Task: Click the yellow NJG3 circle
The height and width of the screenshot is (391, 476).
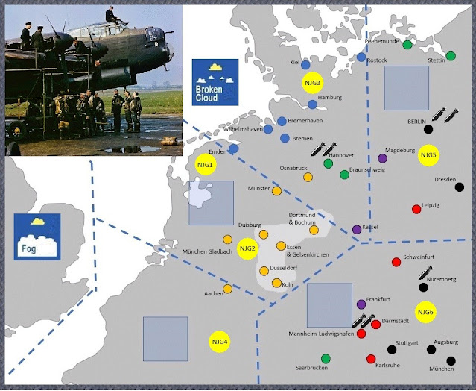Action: (x=312, y=83)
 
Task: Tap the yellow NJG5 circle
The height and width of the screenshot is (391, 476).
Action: (x=428, y=156)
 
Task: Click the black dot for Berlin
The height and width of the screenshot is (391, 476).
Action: (x=428, y=128)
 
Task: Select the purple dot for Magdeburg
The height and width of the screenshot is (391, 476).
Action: (x=383, y=158)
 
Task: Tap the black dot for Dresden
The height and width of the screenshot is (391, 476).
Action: (x=459, y=187)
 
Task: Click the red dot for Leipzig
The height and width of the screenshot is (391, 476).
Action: (x=416, y=209)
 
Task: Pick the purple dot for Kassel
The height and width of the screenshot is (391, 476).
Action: (x=357, y=229)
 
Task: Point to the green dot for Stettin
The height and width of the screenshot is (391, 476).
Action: (x=451, y=55)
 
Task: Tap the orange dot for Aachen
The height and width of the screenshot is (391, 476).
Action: (x=231, y=293)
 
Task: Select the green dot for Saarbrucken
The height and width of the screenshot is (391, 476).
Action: (x=326, y=358)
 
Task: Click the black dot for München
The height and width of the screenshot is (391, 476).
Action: (x=450, y=360)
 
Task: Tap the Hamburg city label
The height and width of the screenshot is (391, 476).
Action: (x=329, y=98)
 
